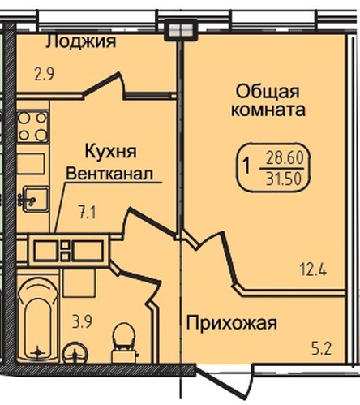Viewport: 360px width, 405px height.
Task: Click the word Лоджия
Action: [x=80, y=41]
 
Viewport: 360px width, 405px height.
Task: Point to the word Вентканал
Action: [x=109, y=174]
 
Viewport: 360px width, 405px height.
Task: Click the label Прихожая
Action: [x=232, y=324]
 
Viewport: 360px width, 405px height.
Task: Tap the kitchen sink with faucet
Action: [x=33, y=197]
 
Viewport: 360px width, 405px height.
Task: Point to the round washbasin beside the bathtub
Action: [x=75, y=354]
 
